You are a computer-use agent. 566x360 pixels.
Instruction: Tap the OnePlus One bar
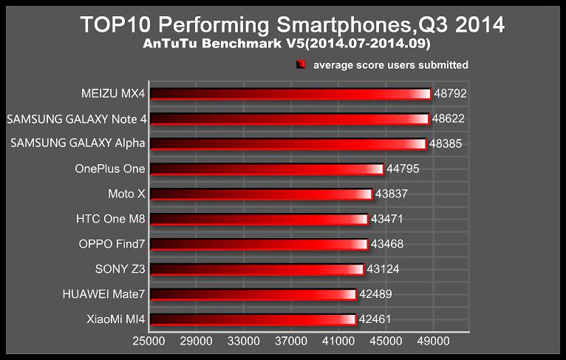click(266, 169)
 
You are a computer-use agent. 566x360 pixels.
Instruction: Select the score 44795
click(403, 169)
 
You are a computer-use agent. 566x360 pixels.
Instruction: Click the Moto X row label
click(126, 194)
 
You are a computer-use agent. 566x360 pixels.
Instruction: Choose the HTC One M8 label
click(111, 220)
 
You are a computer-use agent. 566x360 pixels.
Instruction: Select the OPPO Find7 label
click(112, 244)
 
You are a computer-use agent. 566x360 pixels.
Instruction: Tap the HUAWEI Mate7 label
click(104, 295)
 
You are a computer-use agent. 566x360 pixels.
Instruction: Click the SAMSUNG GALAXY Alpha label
click(78, 143)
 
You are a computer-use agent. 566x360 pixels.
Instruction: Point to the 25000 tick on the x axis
click(149, 343)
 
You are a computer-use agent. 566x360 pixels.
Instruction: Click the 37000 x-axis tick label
click(291, 343)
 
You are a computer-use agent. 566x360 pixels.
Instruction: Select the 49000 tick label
click(433, 343)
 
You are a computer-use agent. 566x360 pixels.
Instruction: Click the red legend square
click(301, 65)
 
